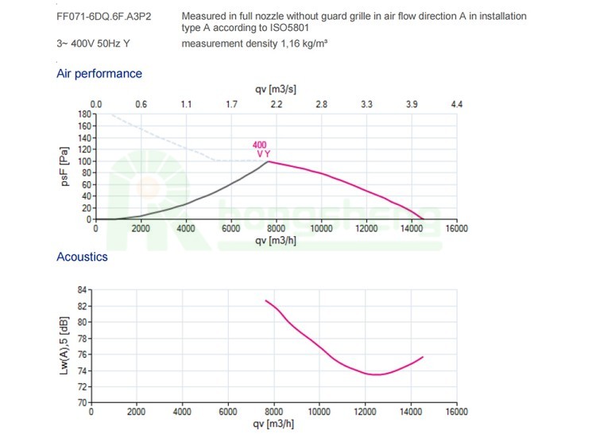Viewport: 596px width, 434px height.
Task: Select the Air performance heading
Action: click(x=99, y=74)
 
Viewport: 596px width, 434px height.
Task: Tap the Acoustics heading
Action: click(x=82, y=257)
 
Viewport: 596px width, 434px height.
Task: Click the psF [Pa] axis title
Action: click(x=68, y=167)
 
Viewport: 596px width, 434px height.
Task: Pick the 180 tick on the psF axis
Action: click(x=83, y=114)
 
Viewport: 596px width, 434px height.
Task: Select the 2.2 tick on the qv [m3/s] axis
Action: click(x=277, y=104)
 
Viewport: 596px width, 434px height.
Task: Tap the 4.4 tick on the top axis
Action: click(x=456, y=104)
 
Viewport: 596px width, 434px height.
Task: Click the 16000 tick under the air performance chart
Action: click(x=456, y=228)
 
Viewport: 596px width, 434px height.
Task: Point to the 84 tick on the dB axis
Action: click(x=82, y=290)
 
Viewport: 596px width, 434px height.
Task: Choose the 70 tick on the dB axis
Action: click(x=82, y=402)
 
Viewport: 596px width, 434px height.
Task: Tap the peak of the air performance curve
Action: click(x=268, y=161)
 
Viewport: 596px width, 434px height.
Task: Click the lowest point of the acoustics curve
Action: click(x=375, y=374)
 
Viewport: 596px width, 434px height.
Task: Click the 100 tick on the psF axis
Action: click(x=83, y=161)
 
